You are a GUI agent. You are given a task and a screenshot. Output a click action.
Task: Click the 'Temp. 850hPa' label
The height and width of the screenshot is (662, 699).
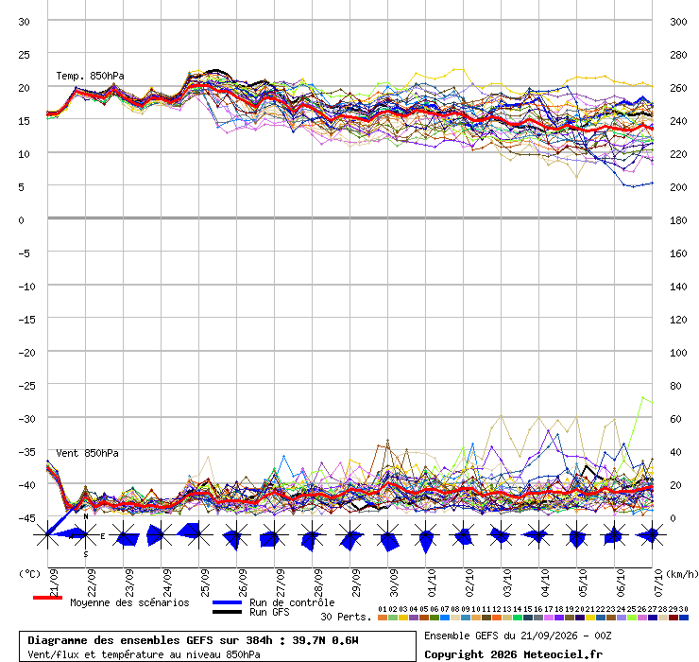coord(90,76)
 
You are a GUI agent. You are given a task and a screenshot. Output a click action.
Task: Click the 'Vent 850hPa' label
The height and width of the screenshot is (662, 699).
coord(87,453)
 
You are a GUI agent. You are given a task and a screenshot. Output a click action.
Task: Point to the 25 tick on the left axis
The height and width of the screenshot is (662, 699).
coord(24,55)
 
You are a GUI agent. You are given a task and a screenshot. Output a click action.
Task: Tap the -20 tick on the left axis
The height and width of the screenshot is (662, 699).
coord(26,353)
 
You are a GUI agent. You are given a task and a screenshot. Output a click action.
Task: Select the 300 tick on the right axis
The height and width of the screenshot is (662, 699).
coord(678,22)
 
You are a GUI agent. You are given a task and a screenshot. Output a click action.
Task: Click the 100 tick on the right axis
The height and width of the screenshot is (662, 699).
coord(678,353)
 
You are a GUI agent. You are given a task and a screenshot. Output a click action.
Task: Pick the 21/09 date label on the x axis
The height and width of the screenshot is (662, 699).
coord(54,583)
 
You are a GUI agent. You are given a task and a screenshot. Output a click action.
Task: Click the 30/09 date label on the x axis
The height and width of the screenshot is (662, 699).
coord(394,583)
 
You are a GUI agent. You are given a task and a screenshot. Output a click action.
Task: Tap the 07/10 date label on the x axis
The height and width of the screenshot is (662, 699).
coord(658,583)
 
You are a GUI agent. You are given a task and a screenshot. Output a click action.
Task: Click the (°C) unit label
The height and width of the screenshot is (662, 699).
coord(29,574)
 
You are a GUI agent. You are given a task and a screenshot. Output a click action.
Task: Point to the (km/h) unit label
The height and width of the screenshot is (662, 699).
coord(682,574)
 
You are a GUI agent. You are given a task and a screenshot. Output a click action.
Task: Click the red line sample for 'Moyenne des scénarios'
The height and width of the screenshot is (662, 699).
coord(47,598)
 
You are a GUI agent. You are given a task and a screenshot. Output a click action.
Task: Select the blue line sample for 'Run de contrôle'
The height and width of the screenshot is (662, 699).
coord(227,602)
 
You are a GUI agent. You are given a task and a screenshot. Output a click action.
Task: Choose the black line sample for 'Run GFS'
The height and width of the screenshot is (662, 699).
coord(227,612)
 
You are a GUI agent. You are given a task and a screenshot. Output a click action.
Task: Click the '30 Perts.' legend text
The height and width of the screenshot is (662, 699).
coord(346,617)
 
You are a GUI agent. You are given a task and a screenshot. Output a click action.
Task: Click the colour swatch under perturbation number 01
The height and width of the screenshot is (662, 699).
coord(382,618)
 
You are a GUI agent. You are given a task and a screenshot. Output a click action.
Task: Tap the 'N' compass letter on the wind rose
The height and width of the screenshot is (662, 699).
coord(86,516)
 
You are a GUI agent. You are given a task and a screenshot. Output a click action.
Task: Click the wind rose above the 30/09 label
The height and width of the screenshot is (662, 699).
coord(388,535)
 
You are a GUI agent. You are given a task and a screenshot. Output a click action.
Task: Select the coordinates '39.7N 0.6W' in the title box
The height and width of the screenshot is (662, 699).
coord(325,640)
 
